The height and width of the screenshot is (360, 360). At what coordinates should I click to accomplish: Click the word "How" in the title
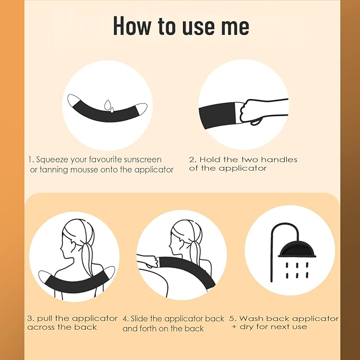(131, 25)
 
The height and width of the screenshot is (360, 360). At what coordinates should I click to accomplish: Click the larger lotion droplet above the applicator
(108, 104)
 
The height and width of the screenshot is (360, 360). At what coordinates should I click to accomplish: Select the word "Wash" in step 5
(251, 319)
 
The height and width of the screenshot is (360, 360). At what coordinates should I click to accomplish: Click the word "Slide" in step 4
(139, 319)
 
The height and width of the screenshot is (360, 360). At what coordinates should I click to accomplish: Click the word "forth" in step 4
(148, 329)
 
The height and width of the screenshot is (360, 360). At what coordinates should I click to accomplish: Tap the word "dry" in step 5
(247, 327)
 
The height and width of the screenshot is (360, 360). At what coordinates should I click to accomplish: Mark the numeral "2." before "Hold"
(192, 160)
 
